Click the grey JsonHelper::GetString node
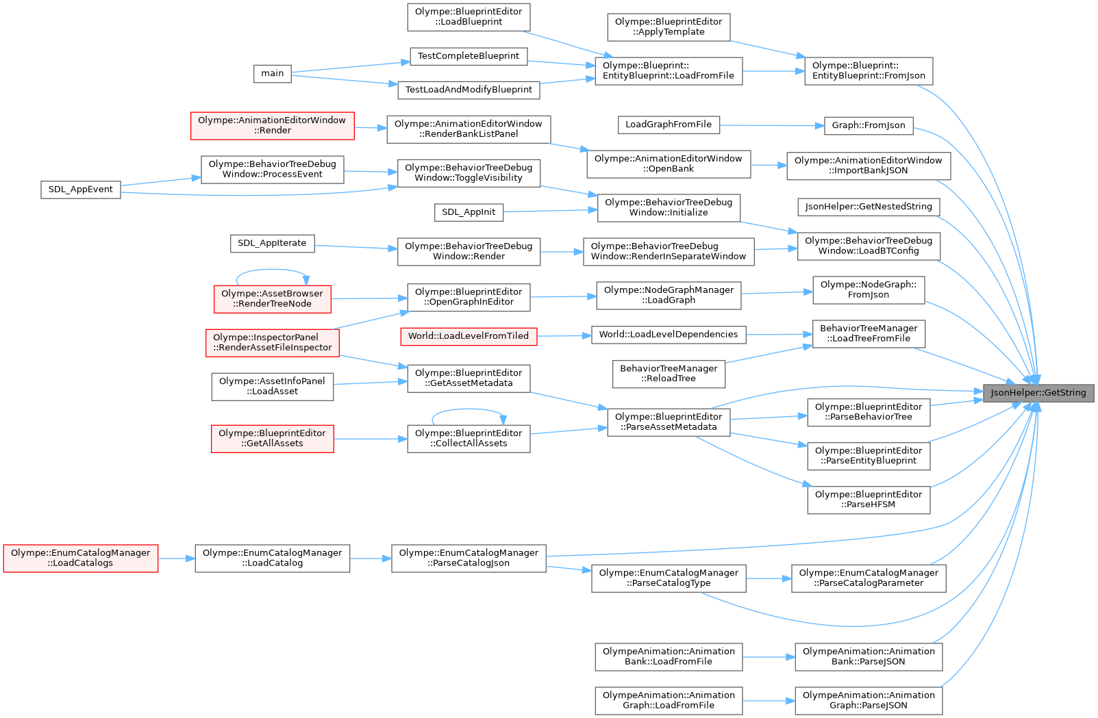(x=1038, y=393)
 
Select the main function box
(x=272, y=73)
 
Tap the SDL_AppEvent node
(x=80, y=190)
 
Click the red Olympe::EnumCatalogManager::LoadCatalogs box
(x=80, y=558)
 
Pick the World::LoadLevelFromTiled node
(x=469, y=336)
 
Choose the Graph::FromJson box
(x=868, y=125)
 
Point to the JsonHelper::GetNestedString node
(x=869, y=207)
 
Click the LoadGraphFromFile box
(x=669, y=125)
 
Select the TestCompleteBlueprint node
(x=469, y=56)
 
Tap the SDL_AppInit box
(x=469, y=212)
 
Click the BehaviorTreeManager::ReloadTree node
(x=669, y=373)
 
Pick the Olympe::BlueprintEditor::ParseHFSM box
(x=869, y=500)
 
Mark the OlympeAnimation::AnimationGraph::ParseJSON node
(x=869, y=700)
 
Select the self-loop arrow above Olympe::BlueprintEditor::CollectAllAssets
(x=469, y=409)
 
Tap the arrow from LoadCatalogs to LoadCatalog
(x=176, y=559)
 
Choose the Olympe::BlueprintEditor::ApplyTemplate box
(x=669, y=27)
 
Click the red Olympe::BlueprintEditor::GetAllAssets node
(x=272, y=438)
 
